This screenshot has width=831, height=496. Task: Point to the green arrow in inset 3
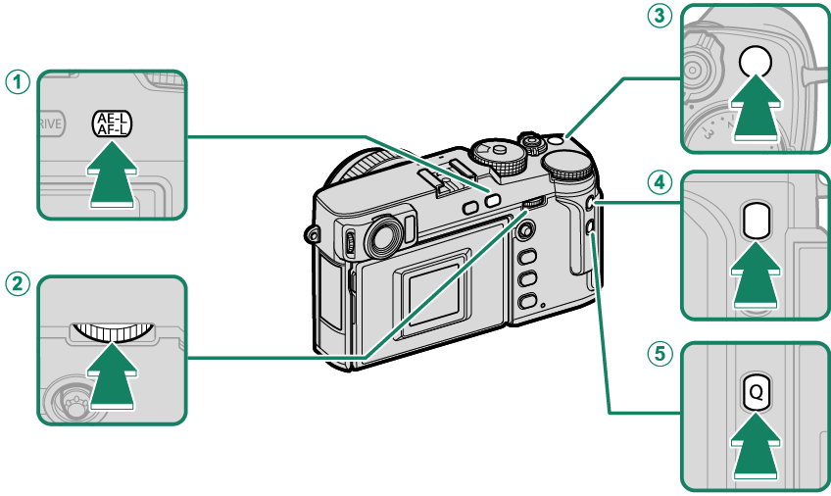[755, 115]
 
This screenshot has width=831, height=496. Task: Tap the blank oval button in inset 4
[755, 222]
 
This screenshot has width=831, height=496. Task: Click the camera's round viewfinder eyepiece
[383, 236]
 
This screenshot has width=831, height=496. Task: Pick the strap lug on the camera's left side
[313, 235]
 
